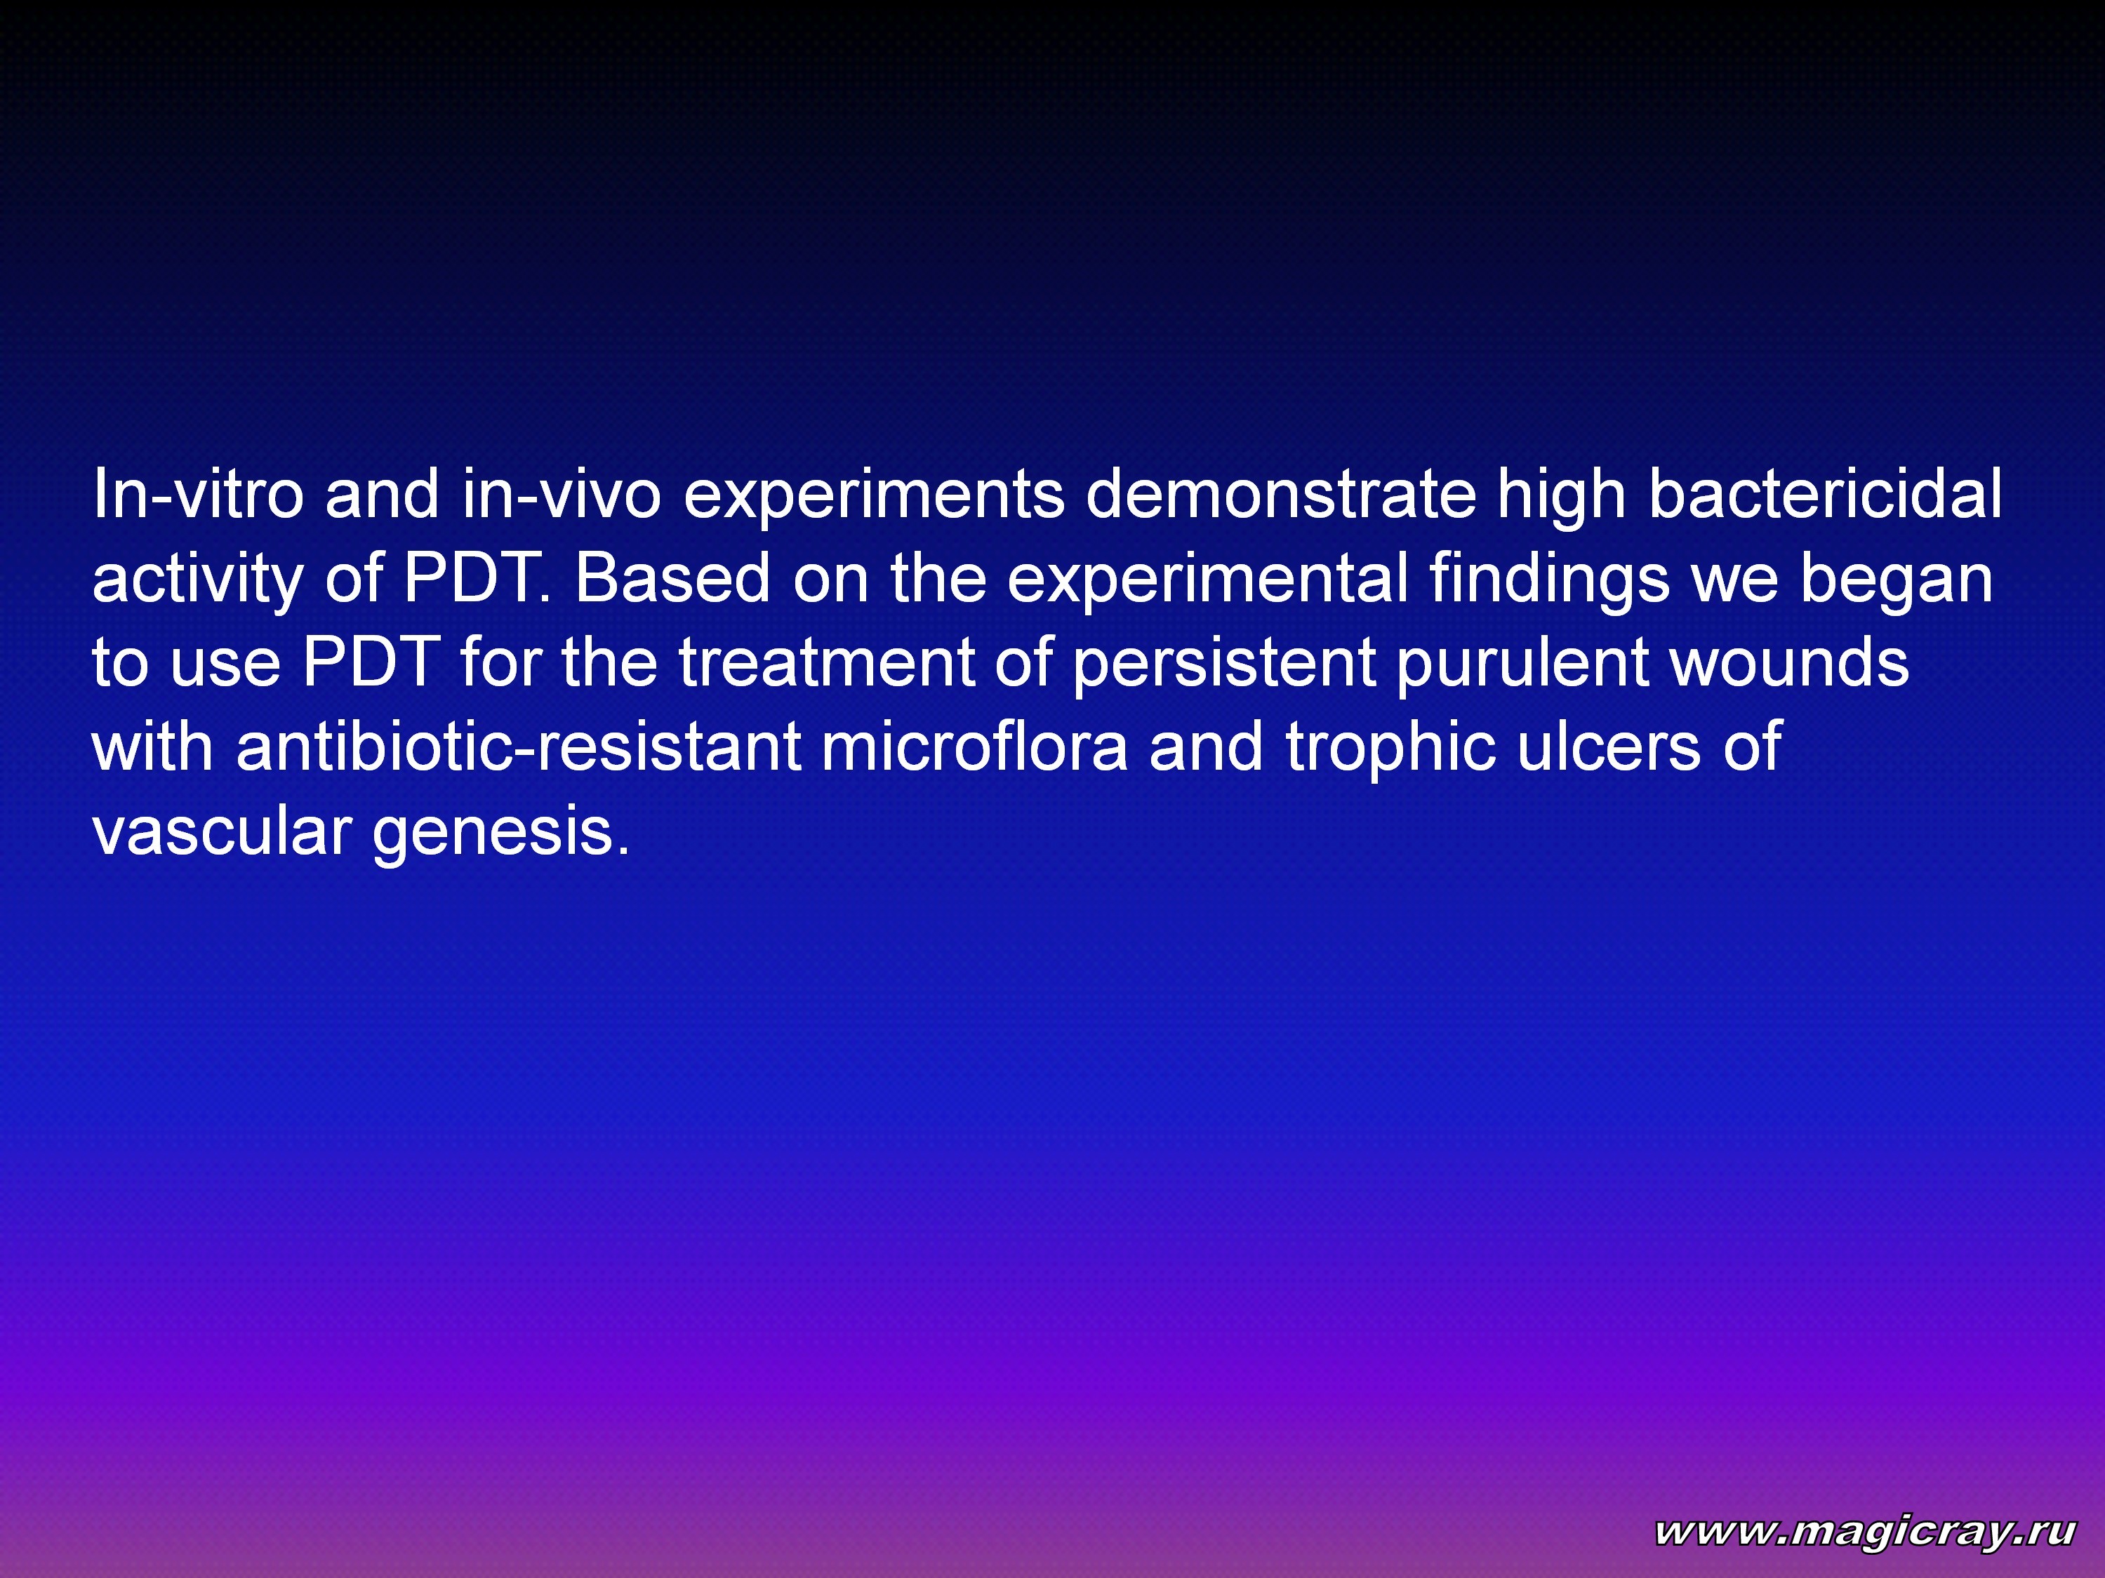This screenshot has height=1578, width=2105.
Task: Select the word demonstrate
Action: (x=1281, y=495)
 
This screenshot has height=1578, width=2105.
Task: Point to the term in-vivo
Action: (x=562, y=495)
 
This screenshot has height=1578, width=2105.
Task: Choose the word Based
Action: (x=672, y=578)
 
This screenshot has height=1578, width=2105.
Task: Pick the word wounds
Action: (x=1790, y=662)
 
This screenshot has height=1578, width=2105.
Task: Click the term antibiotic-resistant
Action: (x=519, y=746)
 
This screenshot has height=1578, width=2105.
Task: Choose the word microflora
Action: (x=974, y=746)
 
